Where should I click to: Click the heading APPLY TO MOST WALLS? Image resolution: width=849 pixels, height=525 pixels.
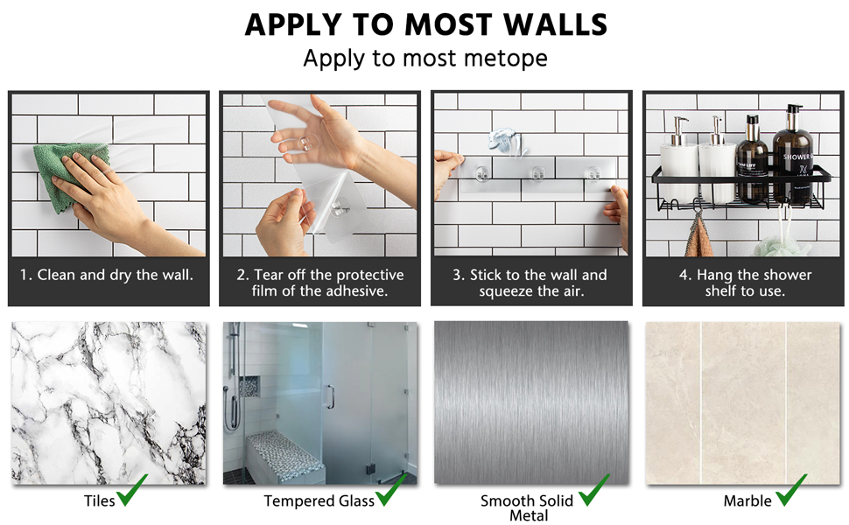coord(425,24)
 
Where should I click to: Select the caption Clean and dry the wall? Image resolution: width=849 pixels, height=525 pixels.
coord(107,275)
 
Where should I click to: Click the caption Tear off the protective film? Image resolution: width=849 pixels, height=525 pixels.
coord(320,283)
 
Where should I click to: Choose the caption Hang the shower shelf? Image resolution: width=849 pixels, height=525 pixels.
coord(745,283)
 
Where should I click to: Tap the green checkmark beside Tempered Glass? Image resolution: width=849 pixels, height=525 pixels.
coord(391,490)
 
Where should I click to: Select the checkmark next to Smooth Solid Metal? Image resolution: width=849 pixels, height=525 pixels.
coord(594,490)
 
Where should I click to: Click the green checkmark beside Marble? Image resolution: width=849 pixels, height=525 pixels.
coord(791,490)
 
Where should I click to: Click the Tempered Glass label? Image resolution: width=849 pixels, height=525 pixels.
coord(319,501)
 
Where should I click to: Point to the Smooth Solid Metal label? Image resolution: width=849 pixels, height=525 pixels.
coord(527,508)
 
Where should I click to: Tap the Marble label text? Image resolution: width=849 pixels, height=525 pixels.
coord(747,501)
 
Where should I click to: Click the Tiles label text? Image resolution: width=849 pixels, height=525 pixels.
coord(99,501)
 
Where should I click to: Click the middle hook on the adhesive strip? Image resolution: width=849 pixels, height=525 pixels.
coord(537,173)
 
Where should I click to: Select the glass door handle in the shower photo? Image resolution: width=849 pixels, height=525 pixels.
coord(330,396)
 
